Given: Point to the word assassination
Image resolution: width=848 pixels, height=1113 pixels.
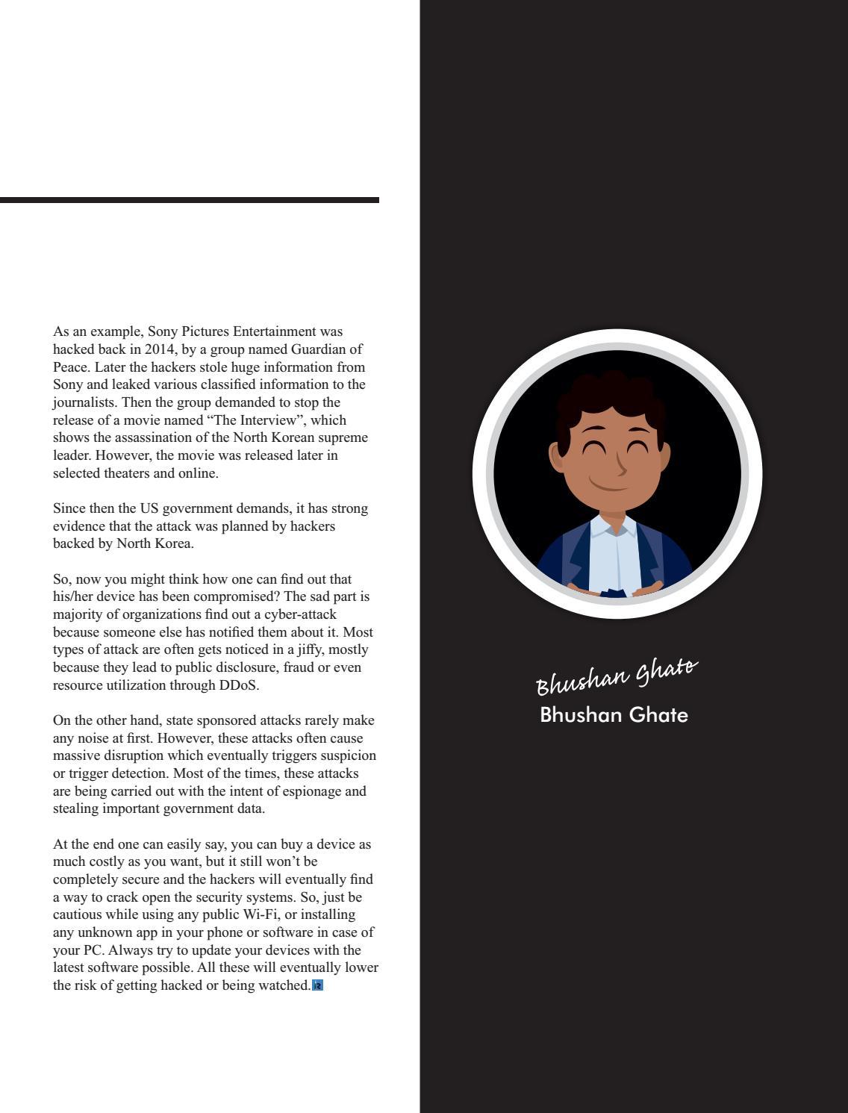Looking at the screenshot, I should pos(162,437).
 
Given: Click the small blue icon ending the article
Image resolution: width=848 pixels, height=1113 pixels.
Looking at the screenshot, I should pos(317,985).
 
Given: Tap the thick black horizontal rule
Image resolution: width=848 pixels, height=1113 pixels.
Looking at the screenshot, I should pos(190,200).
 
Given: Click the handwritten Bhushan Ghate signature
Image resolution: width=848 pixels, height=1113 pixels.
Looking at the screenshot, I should pos(617,675).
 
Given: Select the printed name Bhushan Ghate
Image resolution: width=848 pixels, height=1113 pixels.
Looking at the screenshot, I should pos(614,715).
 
